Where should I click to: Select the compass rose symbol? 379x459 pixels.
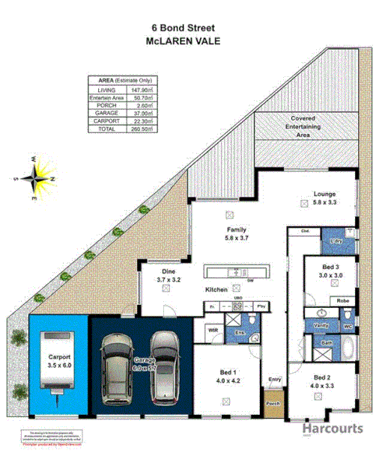(x=36, y=179)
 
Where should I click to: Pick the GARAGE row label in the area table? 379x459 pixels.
(x=104, y=113)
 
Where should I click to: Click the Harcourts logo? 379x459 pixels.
(x=333, y=429)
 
